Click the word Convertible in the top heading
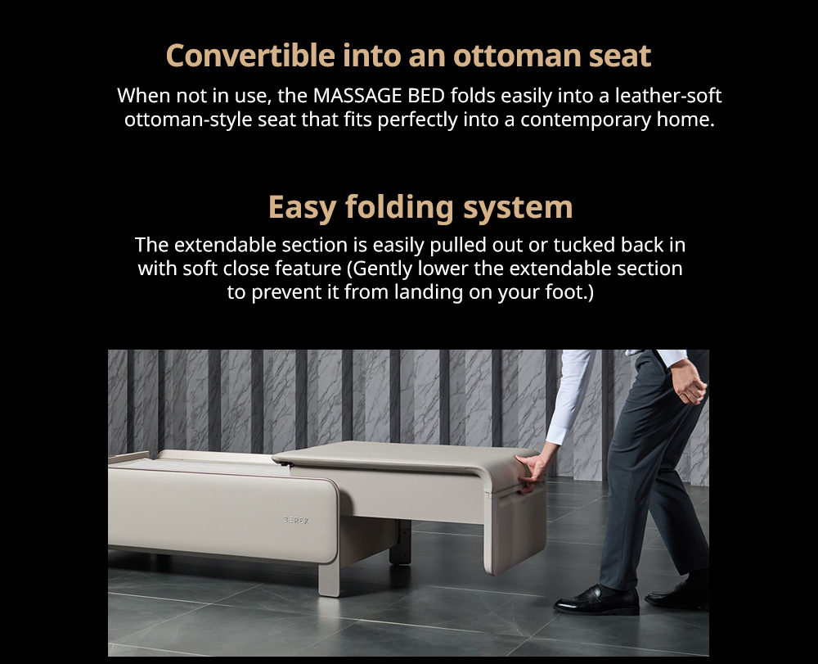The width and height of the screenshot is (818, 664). pyautogui.click(x=250, y=56)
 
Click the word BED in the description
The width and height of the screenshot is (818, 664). pyautogui.click(x=426, y=96)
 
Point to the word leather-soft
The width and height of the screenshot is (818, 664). pyautogui.click(x=668, y=96)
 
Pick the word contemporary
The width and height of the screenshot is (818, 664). pyautogui.click(x=586, y=120)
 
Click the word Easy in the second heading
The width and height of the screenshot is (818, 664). pyautogui.click(x=302, y=208)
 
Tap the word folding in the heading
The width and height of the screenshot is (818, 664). pyautogui.click(x=400, y=208)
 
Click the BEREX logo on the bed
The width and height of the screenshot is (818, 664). pyautogui.click(x=296, y=520)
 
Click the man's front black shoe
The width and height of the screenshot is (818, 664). pyautogui.click(x=596, y=600)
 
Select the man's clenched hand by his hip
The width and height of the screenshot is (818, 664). pyautogui.click(x=690, y=381)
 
